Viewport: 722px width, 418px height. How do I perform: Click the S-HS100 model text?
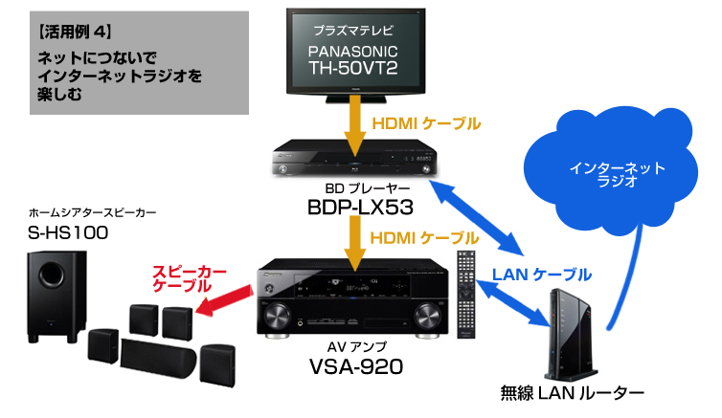click(x=66, y=232)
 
